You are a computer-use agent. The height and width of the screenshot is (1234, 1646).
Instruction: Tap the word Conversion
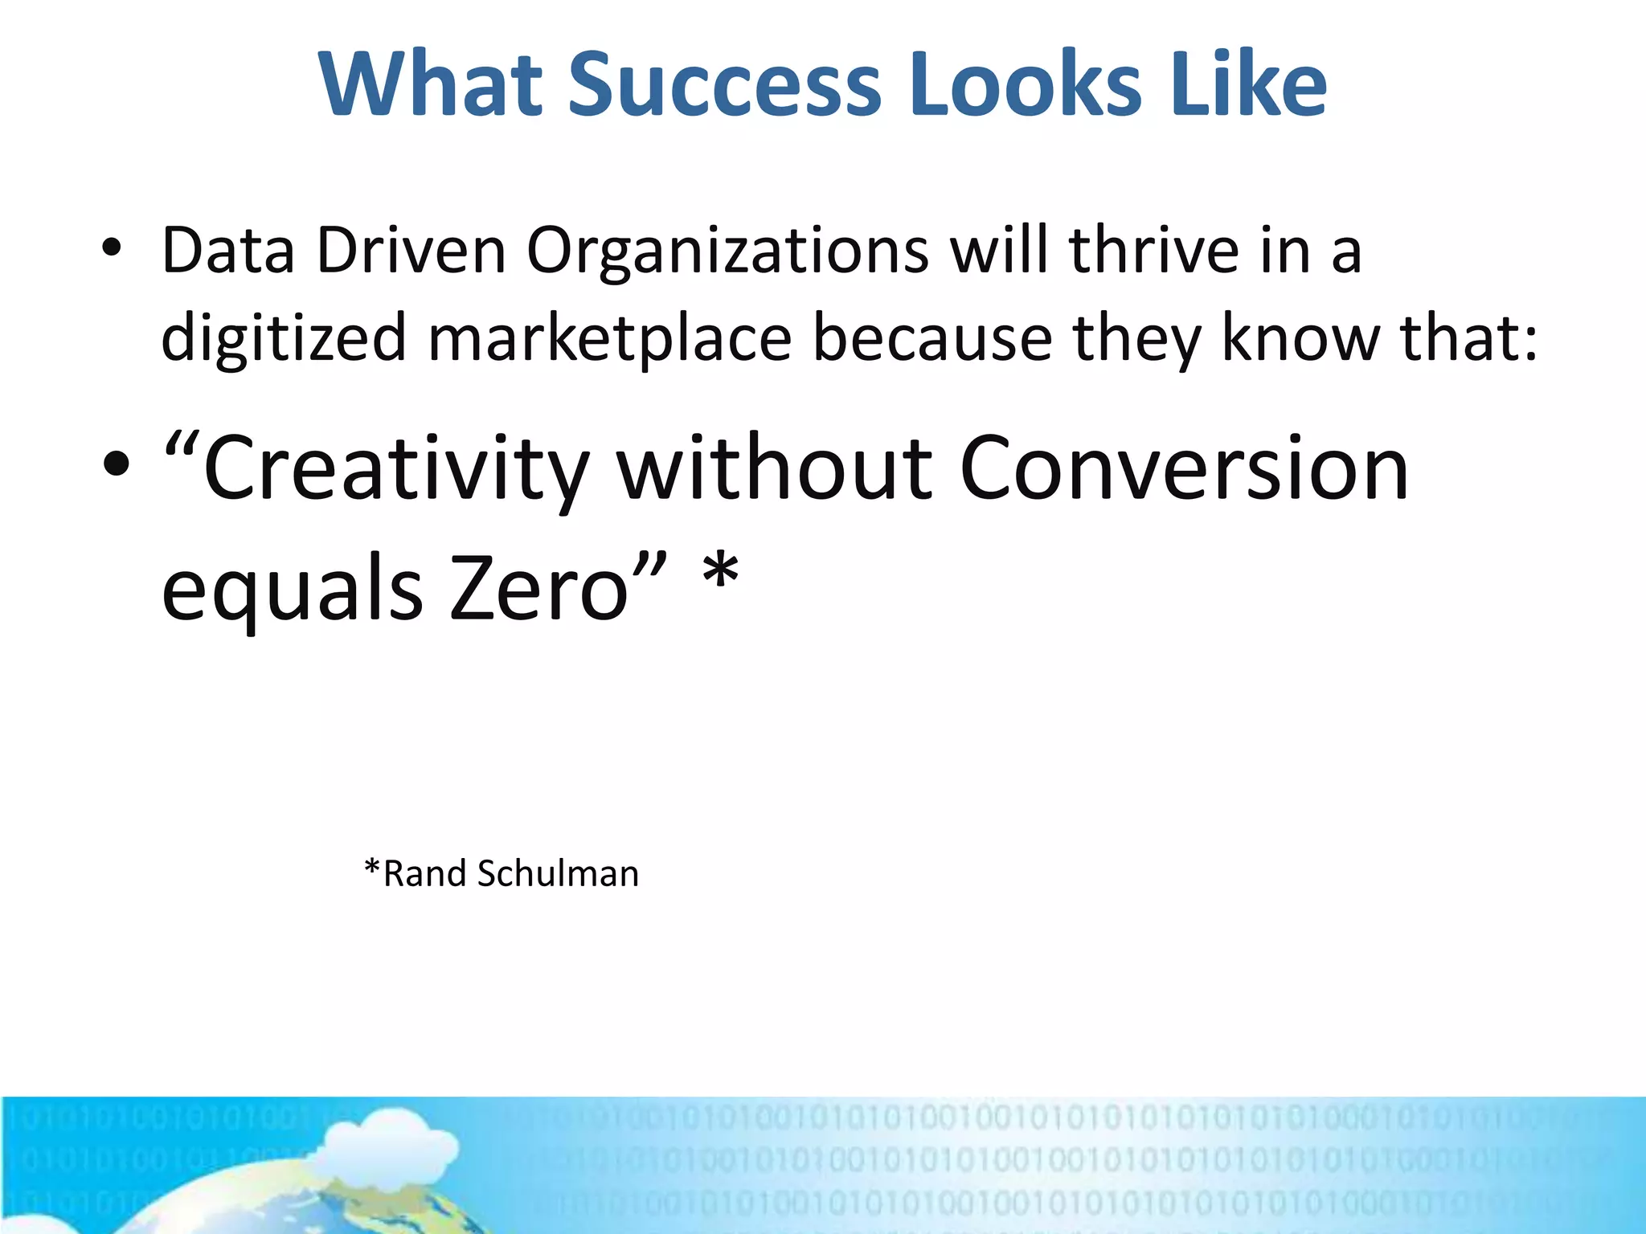[1184, 468]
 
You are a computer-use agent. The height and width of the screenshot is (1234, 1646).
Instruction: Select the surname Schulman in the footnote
[558, 873]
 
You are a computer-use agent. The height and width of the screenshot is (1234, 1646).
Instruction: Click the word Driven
[411, 251]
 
